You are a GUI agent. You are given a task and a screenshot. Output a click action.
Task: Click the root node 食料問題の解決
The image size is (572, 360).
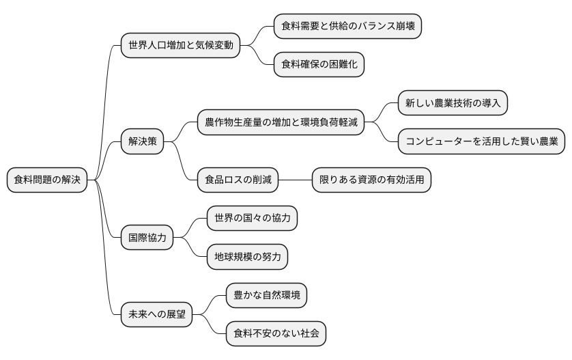click(47, 180)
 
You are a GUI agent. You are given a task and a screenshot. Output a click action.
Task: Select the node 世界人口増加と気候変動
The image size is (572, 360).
click(180, 46)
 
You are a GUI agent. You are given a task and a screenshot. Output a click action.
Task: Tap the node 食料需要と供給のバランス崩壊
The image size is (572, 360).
click(347, 27)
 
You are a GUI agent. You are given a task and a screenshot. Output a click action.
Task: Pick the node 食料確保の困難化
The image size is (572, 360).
click(319, 65)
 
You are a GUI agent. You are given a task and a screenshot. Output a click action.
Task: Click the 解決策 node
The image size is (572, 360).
click(143, 141)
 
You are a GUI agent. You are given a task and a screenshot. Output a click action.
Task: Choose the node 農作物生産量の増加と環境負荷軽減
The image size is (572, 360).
click(281, 122)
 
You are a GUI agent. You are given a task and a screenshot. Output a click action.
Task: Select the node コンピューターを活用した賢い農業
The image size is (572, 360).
click(482, 141)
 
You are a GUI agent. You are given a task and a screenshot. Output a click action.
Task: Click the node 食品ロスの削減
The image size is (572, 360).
click(238, 180)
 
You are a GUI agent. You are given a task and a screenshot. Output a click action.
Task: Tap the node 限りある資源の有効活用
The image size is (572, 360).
click(372, 180)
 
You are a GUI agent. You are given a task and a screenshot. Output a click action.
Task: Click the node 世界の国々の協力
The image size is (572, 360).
click(252, 219)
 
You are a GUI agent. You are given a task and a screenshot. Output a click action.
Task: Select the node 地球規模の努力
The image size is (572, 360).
click(247, 257)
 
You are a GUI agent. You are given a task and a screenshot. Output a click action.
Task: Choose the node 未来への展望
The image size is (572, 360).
click(156, 315)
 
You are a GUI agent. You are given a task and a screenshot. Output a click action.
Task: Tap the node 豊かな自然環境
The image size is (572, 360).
click(266, 296)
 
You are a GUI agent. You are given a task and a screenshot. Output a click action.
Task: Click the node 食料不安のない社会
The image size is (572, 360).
click(276, 334)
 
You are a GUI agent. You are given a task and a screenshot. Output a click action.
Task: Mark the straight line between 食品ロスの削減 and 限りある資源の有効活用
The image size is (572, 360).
click(296, 180)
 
